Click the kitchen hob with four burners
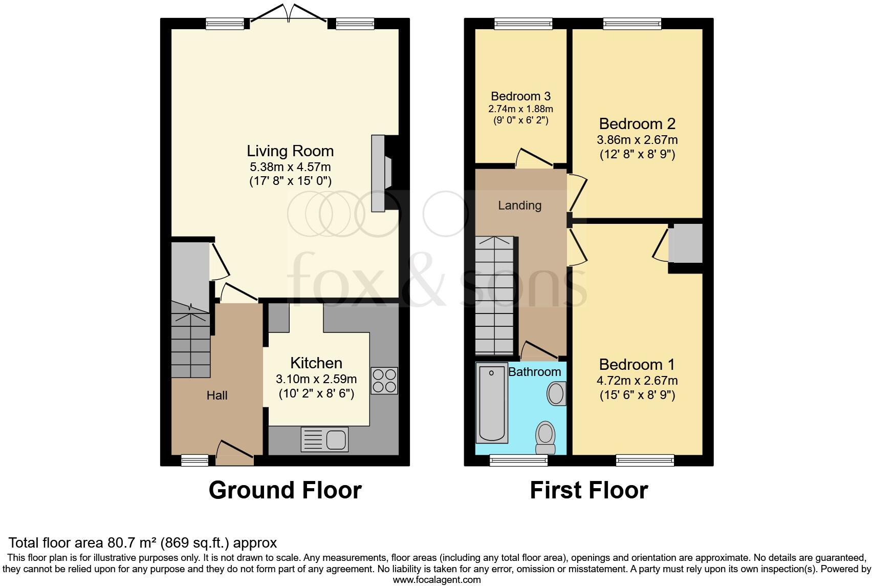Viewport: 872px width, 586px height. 384,381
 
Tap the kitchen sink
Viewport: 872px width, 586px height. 325,439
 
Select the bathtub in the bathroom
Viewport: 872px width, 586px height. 491,403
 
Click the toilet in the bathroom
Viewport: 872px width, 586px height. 545,438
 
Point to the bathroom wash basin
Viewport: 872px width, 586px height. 556,394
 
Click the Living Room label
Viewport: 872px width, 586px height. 290,151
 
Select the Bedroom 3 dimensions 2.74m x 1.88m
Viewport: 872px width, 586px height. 520,109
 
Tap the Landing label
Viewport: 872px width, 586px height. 519,205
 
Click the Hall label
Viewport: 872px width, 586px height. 217,395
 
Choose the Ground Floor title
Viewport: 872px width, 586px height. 285,490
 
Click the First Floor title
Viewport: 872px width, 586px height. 588,490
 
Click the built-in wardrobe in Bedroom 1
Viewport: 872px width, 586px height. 685,243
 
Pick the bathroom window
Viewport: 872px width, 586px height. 518,460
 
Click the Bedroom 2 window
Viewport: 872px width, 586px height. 632,23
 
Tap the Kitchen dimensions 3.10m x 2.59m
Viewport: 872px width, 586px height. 316,380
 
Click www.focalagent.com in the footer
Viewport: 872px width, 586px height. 437,580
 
